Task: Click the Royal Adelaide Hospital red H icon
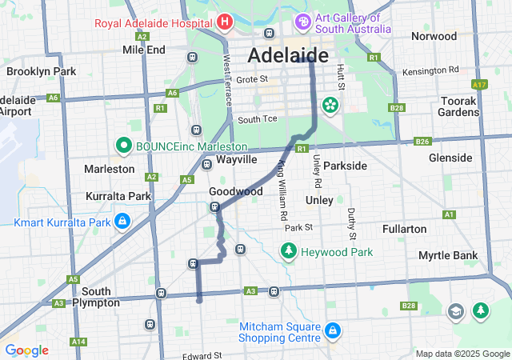pyautogui.click(x=224, y=22)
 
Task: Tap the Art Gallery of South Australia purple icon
pyautogui.click(x=303, y=20)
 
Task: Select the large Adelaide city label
pyautogui.click(x=288, y=55)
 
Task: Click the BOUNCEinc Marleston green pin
pyautogui.click(x=123, y=146)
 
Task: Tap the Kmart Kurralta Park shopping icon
pyautogui.click(x=122, y=220)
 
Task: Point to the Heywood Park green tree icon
pyautogui.click(x=288, y=252)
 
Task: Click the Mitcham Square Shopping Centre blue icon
pyautogui.click(x=332, y=330)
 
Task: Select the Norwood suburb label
pyautogui.click(x=434, y=36)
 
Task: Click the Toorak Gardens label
pyautogui.click(x=458, y=106)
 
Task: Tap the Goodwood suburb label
pyautogui.click(x=235, y=192)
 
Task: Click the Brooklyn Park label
pyautogui.click(x=41, y=71)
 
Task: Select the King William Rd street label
pyautogui.click(x=282, y=190)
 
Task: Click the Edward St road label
pyautogui.click(x=201, y=356)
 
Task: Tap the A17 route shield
pyautogui.click(x=479, y=85)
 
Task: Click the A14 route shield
pyautogui.click(x=78, y=342)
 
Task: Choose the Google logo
pyautogui.click(x=26, y=350)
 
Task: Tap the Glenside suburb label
pyautogui.click(x=450, y=158)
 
